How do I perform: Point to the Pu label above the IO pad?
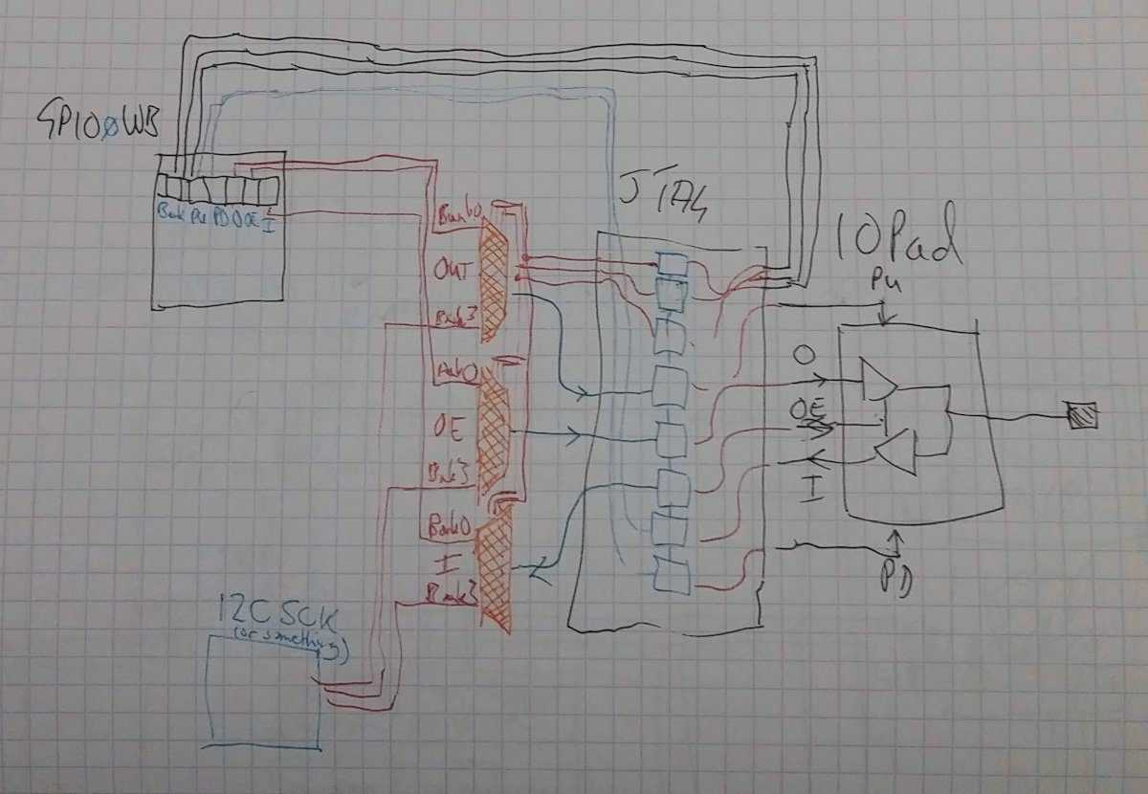880,284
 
